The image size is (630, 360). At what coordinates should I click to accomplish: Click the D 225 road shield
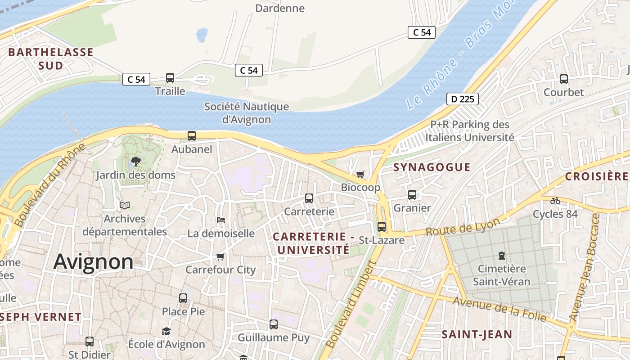pyautogui.click(x=463, y=99)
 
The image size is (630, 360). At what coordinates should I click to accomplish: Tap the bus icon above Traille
pyautogui.click(x=170, y=78)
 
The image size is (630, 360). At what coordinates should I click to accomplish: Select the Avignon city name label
pyautogui.click(x=94, y=261)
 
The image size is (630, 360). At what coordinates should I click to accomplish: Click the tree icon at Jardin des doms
pyautogui.click(x=135, y=162)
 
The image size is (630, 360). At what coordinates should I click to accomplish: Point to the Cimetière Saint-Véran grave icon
pyautogui.click(x=502, y=256)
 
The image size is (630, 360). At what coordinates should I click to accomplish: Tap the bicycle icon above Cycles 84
pyautogui.click(x=555, y=201)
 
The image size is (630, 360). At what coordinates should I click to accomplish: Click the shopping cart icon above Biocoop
pyautogui.click(x=360, y=174)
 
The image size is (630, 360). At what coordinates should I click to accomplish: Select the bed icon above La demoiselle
pyautogui.click(x=221, y=220)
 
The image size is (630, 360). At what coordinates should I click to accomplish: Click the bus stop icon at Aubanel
pyautogui.click(x=192, y=135)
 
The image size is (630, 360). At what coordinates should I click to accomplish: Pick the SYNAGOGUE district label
pyautogui.click(x=432, y=167)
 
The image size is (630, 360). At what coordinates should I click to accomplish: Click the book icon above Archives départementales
pyautogui.click(x=125, y=206)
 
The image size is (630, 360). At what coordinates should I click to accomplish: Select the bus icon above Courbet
pyautogui.click(x=564, y=79)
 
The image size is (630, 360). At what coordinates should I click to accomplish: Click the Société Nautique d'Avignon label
pyautogui.click(x=247, y=113)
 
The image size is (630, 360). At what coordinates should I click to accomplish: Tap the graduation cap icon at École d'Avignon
pyautogui.click(x=166, y=332)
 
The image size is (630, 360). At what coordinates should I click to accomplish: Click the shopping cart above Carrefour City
pyautogui.click(x=220, y=256)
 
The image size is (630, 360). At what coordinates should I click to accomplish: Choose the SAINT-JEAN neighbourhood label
pyautogui.click(x=477, y=334)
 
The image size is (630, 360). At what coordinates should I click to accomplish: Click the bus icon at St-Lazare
pyautogui.click(x=382, y=226)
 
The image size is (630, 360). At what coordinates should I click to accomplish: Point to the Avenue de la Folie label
pyautogui.click(x=499, y=310)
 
